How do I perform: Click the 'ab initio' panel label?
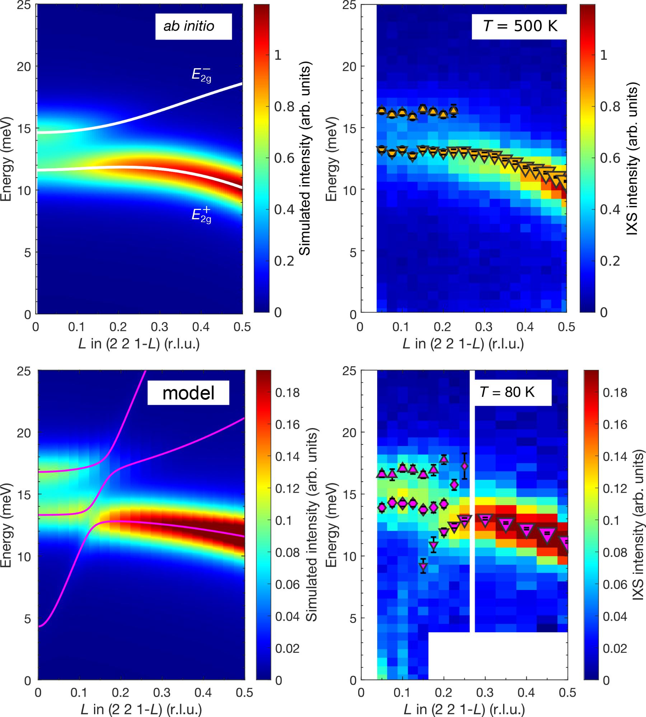point(189,26)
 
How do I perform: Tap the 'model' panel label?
point(188,393)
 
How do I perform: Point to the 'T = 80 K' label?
point(507,392)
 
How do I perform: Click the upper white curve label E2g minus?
point(201,74)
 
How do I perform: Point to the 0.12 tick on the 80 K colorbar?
point(615,488)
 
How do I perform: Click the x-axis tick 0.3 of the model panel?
point(162,693)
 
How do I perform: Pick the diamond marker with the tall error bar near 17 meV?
point(465,466)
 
